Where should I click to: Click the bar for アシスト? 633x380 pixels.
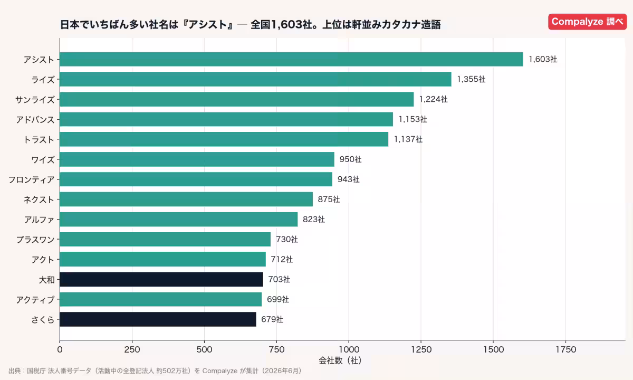point(291,59)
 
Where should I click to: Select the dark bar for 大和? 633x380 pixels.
point(161,279)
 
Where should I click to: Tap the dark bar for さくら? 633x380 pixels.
point(158,319)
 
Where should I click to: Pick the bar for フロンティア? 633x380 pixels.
point(196,179)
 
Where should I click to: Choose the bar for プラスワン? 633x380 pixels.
point(165,239)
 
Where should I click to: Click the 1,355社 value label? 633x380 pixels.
point(471,79)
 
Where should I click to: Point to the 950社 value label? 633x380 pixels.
point(350,159)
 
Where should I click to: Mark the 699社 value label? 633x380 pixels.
point(278,299)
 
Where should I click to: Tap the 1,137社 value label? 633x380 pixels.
point(408,139)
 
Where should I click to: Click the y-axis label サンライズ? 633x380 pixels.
point(35,100)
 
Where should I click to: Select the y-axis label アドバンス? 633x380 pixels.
point(35,120)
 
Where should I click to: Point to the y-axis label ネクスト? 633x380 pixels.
point(39,199)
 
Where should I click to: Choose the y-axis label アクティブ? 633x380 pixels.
point(35,299)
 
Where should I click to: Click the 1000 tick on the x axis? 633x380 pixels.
point(349,349)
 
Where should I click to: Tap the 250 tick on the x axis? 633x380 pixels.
point(132,349)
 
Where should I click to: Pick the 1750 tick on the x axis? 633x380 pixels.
point(565,349)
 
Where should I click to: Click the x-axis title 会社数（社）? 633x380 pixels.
point(340,360)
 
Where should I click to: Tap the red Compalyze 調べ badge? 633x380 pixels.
point(587,22)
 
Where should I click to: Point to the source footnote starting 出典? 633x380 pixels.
point(155,370)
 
